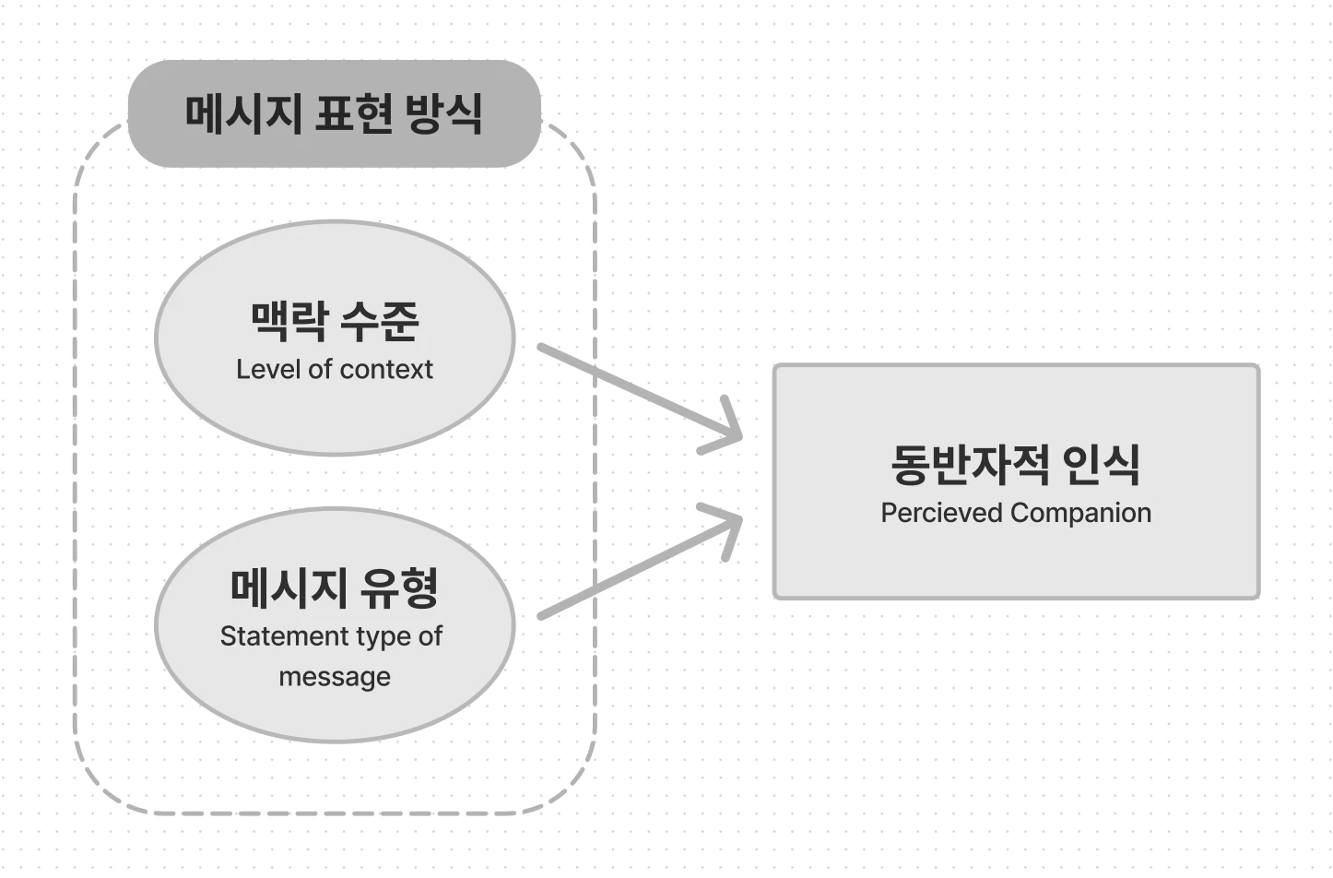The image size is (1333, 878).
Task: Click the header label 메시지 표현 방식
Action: [334, 114]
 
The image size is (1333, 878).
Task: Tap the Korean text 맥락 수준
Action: [334, 321]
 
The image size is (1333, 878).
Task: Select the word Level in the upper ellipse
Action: [268, 369]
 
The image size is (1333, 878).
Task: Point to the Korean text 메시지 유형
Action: [334, 588]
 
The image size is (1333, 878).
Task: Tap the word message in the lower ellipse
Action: [334, 677]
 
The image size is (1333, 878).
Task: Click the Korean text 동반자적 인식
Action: [1015, 464]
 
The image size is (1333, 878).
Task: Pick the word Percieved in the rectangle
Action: [941, 513]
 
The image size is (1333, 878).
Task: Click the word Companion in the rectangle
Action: [1080, 513]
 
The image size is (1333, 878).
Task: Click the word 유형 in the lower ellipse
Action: [398, 588]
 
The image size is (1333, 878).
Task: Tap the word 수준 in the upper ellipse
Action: [380, 321]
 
